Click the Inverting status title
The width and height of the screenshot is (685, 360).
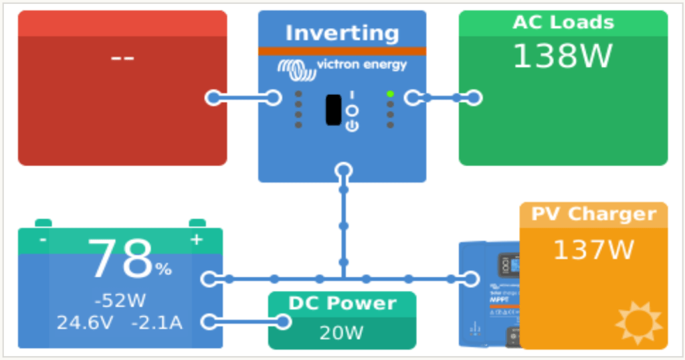342,33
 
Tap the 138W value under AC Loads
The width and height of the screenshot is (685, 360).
563,57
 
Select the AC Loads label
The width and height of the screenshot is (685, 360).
563,22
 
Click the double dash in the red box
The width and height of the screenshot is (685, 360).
122,58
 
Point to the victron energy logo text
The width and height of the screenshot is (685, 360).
361,65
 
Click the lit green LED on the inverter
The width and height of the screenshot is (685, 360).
390,94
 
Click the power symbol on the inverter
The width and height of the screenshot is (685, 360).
352,125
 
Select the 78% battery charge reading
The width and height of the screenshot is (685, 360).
129,261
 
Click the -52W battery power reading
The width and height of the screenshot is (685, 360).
120,300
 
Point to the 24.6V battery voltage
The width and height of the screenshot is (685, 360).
85,323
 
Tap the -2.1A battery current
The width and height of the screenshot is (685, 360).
157,323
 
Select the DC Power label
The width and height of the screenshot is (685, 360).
342,303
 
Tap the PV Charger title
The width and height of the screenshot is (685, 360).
593,214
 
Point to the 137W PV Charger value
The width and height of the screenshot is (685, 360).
593,250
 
